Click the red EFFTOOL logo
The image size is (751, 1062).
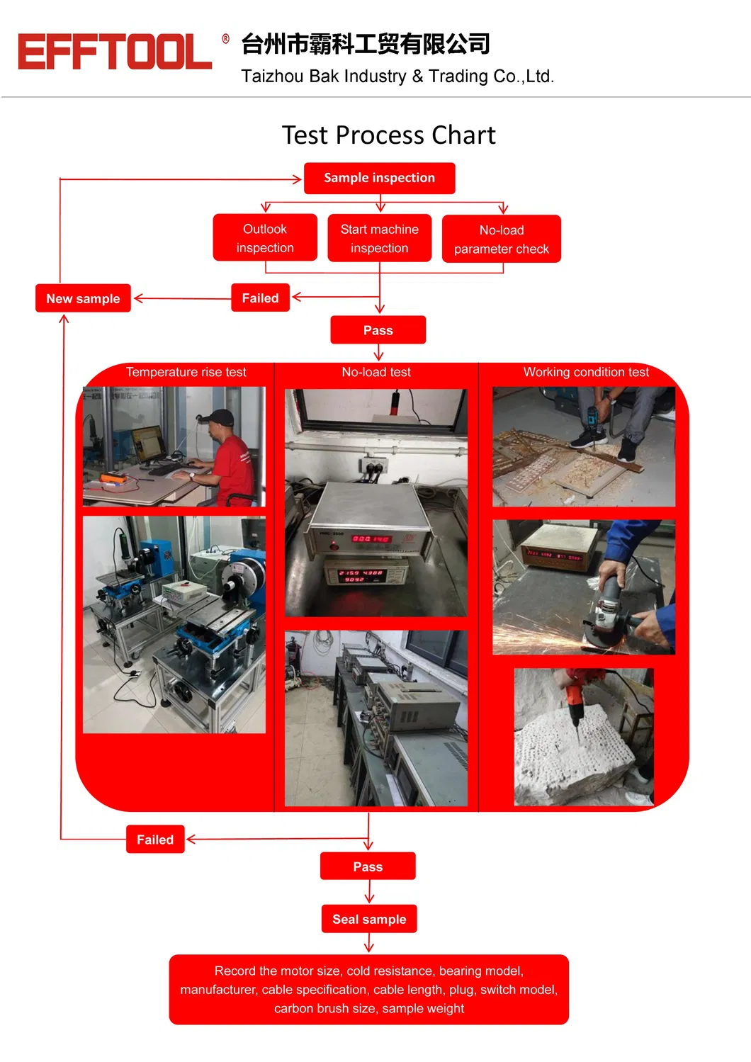[115, 52]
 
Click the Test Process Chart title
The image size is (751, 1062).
[388, 135]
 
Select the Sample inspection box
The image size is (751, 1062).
[379, 178]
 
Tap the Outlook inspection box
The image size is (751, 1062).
[265, 238]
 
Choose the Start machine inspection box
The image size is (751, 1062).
[379, 238]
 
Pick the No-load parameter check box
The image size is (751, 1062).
[502, 239]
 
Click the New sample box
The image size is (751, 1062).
[83, 298]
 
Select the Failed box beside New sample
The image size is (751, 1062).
[260, 298]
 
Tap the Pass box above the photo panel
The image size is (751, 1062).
[378, 330]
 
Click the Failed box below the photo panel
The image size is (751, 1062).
[155, 840]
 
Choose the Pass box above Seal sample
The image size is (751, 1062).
[368, 866]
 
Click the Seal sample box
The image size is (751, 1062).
[369, 919]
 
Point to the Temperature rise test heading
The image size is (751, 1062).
[186, 372]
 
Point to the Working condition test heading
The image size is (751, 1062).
[586, 372]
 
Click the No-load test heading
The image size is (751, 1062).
[376, 372]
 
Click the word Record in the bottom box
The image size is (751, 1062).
[235, 971]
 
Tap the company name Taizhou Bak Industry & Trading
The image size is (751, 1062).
[397, 76]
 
